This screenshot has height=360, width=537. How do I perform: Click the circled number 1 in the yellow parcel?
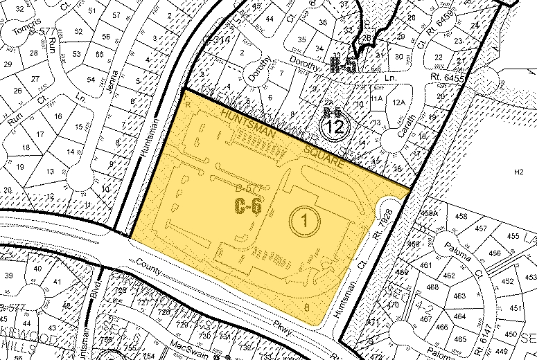[x=303, y=220]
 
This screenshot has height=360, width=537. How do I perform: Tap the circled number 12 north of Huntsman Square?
[x=335, y=127]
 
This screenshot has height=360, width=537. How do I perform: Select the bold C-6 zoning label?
[x=247, y=206]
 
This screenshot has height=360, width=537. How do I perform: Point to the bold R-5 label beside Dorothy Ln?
[x=344, y=66]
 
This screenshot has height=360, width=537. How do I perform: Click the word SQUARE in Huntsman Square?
[x=324, y=158]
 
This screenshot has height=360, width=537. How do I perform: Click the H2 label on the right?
[x=518, y=171]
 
